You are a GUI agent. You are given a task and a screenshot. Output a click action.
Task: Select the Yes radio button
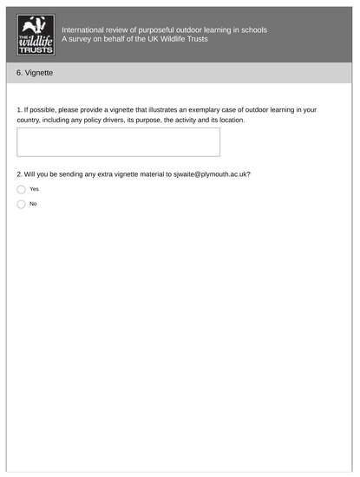click(x=21, y=189)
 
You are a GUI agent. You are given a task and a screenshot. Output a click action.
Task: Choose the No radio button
click(x=21, y=205)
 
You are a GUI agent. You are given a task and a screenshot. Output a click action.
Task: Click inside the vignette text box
click(x=118, y=142)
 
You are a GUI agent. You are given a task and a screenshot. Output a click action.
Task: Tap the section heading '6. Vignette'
click(x=35, y=74)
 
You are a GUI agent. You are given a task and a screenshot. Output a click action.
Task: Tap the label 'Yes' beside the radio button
click(x=35, y=189)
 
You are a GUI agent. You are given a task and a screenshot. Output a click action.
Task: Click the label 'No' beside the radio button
click(x=34, y=205)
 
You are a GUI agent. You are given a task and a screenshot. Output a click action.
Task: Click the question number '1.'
click(x=20, y=109)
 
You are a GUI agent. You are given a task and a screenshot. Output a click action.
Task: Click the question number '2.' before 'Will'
click(x=20, y=173)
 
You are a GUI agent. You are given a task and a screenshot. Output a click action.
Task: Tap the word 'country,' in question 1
click(x=30, y=120)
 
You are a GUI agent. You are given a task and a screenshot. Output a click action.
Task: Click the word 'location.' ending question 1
click(x=229, y=120)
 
